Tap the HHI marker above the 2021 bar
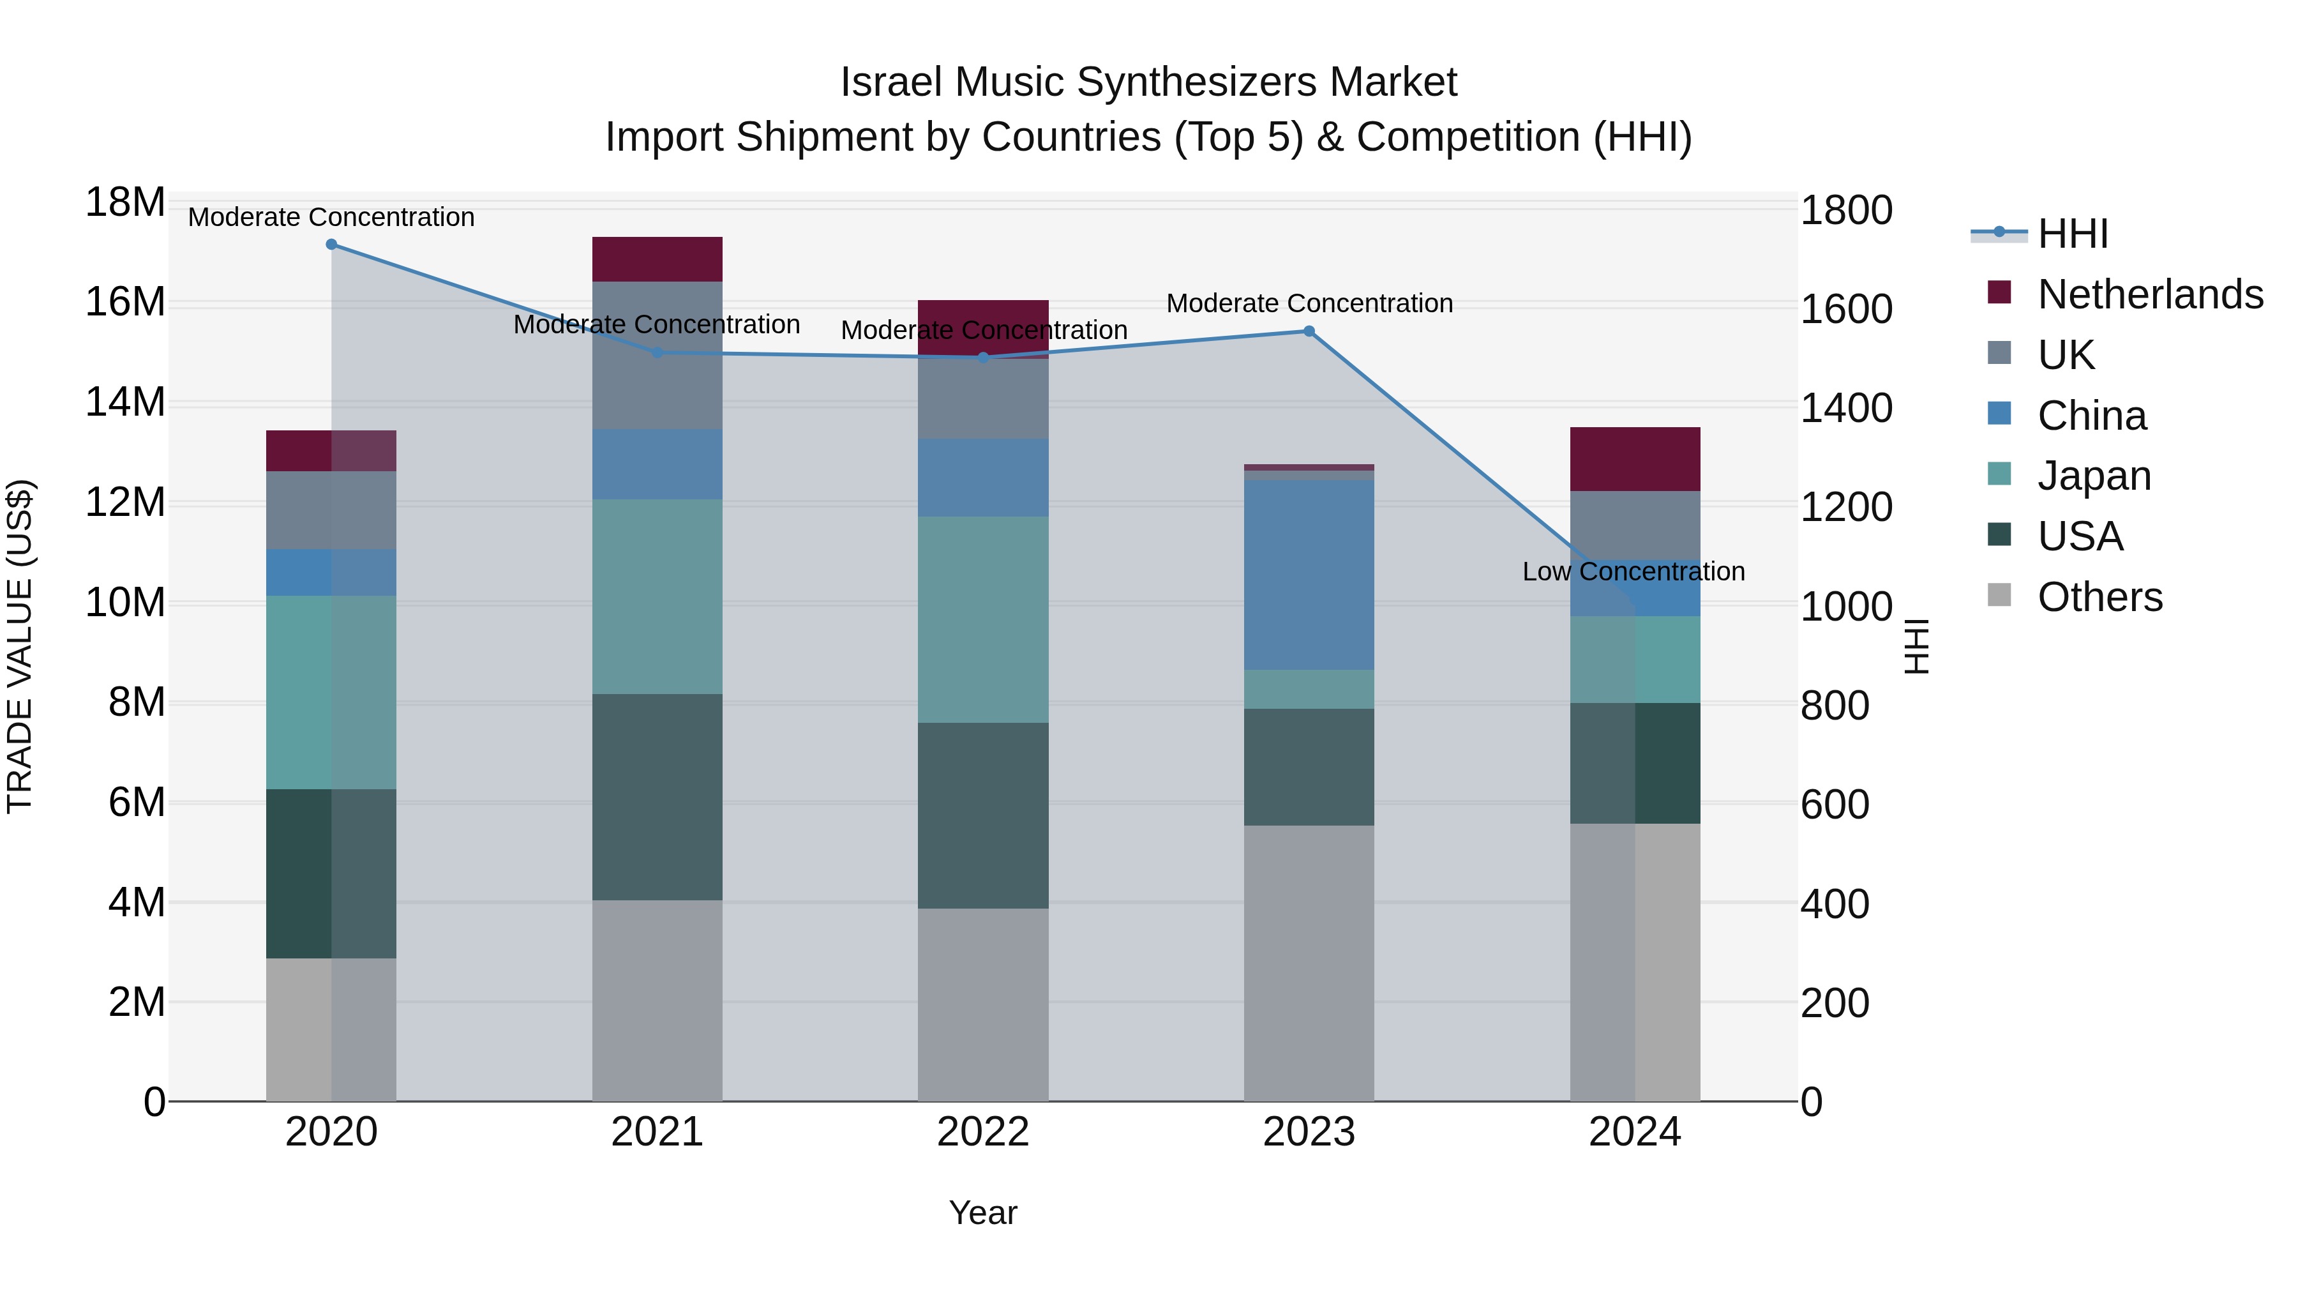(657, 352)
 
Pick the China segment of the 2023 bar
(1309, 575)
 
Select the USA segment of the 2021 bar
(657, 796)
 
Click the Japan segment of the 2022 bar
(983, 619)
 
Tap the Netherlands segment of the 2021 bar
(657, 259)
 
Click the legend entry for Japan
(2093, 476)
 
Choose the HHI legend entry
(2071, 234)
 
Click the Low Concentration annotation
(1633, 571)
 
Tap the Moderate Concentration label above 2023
(1309, 303)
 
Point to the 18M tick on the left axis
(125, 202)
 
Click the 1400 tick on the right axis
(1845, 408)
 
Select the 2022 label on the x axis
(983, 1132)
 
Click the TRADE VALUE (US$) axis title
(20, 646)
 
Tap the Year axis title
(983, 1213)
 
